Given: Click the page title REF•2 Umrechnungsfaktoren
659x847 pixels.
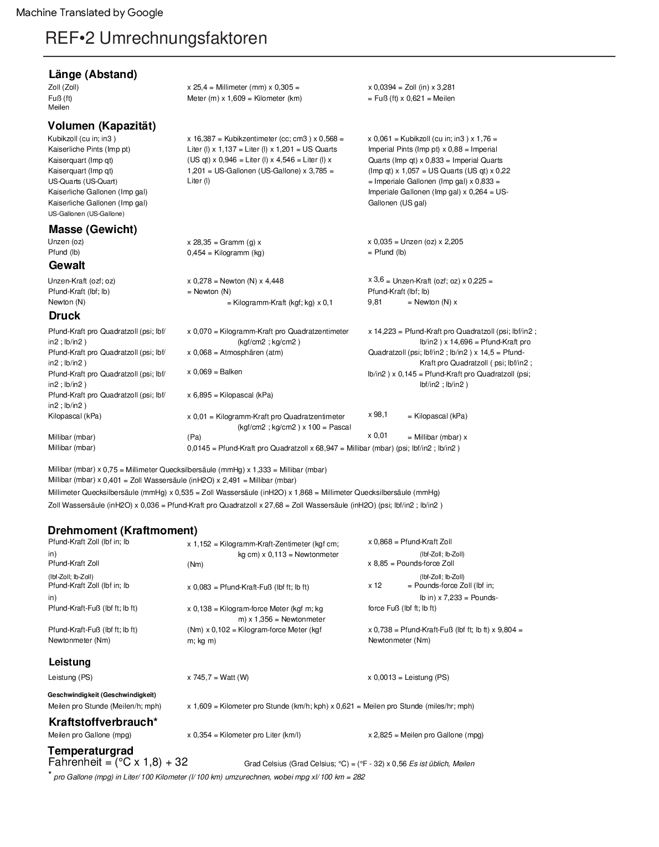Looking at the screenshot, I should tap(156, 38).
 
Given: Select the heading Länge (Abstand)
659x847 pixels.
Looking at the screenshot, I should tap(92, 74).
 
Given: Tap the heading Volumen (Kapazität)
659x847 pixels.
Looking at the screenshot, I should tap(102, 126).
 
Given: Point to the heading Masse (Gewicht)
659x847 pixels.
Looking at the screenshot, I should tap(92, 229).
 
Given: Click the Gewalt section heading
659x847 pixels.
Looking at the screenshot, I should tap(67, 265).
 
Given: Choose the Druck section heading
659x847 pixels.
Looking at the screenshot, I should tap(64, 316).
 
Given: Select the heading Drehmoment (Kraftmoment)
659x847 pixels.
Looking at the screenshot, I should tap(122, 530).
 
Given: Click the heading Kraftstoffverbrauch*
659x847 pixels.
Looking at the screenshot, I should tap(103, 722).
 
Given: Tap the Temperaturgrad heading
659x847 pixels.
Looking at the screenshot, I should tap(90, 751).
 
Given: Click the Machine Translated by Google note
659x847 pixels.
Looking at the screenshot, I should tap(90, 13).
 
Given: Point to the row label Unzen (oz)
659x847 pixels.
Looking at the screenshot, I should tap(66, 241).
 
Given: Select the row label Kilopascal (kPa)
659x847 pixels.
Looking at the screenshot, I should tap(75, 416).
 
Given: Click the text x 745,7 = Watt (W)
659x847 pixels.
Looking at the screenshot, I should tap(218, 677).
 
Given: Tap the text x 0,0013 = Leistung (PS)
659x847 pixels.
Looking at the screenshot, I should tap(408, 677).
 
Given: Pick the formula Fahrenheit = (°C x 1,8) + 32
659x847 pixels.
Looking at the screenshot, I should tap(118, 762).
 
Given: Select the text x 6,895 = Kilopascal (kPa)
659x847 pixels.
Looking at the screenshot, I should tap(230, 395).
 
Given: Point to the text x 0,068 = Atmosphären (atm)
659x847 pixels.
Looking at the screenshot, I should tap(235, 352).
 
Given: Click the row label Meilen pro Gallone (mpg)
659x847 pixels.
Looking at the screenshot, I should tap(90, 735).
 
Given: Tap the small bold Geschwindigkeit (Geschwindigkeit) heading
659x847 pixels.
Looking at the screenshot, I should tap(102, 694).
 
